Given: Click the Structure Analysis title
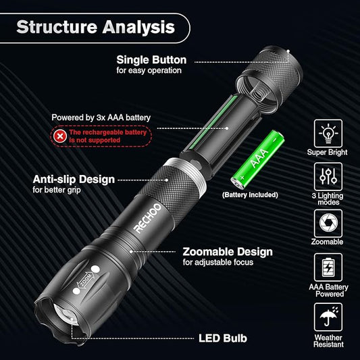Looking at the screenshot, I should coord(95,28).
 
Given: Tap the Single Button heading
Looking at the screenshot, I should coord(151,59).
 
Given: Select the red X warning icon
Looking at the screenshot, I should coord(60,135).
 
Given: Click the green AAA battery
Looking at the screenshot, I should coord(258,159).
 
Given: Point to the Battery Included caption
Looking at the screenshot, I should coord(249,194).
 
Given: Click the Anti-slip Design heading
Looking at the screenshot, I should coord(74,179).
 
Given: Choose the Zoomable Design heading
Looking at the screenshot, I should coord(228,252).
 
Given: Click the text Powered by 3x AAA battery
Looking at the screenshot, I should coord(101,118).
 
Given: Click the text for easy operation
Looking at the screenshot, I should coord(149,70).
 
